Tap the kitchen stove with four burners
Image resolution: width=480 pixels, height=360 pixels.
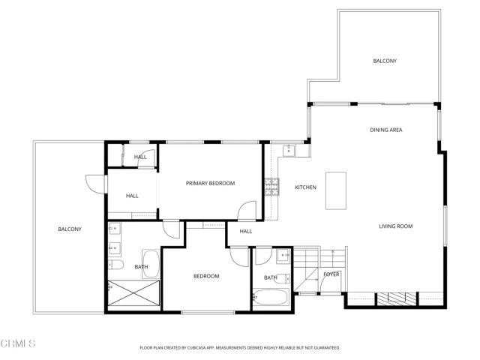coord(271,186)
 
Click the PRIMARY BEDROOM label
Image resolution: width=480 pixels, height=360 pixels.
coord(211,183)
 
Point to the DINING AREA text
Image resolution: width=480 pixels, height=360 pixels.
coord(385,130)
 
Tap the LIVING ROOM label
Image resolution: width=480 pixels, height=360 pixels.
coord(395,226)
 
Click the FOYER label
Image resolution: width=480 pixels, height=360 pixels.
coord(331,274)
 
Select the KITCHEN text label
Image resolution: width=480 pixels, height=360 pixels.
coord(305,187)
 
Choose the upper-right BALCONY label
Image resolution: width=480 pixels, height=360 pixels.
coord(385,61)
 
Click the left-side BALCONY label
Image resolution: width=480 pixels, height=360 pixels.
coord(70,229)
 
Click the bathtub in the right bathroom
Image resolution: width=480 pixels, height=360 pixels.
coord(270,297)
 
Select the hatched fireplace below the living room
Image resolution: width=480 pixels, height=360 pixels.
coord(391,298)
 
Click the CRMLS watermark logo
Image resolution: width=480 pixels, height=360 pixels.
coord(19,343)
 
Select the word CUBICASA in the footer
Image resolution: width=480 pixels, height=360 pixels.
coord(207,348)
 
